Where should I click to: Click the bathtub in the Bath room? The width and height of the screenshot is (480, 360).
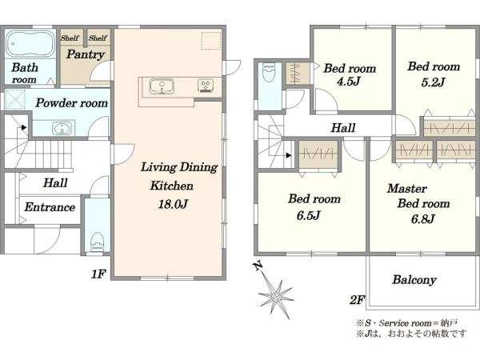pos(30,43)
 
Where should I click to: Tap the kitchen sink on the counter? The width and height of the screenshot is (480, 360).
pos(162,86)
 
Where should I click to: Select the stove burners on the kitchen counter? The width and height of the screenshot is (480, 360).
pos(206,85)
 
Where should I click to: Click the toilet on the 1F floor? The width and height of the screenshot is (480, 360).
pos(98,242)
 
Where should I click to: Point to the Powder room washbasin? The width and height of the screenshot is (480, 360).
pos(62,128)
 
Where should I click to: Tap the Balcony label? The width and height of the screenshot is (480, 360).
pos(414,280)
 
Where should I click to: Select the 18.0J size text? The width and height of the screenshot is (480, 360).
pos(173,204)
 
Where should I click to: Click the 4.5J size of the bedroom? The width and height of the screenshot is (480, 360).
pos(348,82)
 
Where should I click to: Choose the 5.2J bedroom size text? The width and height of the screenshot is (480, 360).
pos(433,82)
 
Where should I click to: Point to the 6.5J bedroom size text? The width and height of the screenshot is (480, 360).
pos(308,215)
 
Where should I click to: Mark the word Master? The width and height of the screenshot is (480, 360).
pos(407,188)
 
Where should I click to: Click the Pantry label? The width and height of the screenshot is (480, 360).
pos(86,54)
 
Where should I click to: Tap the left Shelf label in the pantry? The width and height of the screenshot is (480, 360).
pos(70,38)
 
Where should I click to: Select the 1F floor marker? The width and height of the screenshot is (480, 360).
pos(98,274)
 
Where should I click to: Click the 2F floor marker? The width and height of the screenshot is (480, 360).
pos(357,300)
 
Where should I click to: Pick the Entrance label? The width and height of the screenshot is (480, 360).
pos(50,207)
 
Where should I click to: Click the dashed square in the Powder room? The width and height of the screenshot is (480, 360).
pos(15,99)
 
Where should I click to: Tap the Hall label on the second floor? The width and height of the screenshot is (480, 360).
pos(343,128)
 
